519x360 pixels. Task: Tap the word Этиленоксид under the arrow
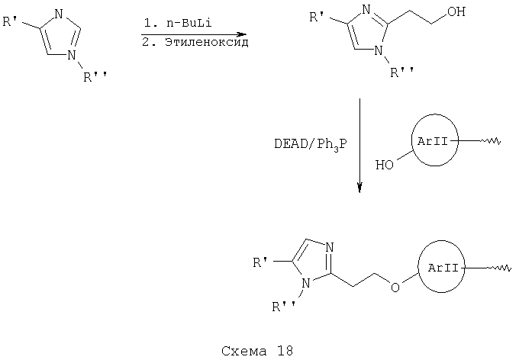(207, 43)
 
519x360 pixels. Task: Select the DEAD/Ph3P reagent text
(311, 145)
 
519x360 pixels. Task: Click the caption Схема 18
(257, 350)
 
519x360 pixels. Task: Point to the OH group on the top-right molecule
(456, 11)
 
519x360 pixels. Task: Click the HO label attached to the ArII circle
(384, 165)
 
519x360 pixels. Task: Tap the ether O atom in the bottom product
(395, 288)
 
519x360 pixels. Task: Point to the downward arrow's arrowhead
(359, 188)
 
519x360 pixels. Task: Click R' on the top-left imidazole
(10, 22)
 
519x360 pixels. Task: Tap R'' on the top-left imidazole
(95, 77)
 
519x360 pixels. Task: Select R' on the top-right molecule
(317, 17)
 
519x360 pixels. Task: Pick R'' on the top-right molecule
(402, 72)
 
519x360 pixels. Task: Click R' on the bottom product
(260, 262)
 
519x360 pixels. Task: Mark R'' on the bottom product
(284, 307)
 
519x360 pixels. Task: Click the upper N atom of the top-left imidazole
(59, 14)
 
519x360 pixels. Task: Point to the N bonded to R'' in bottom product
(306, 284)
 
